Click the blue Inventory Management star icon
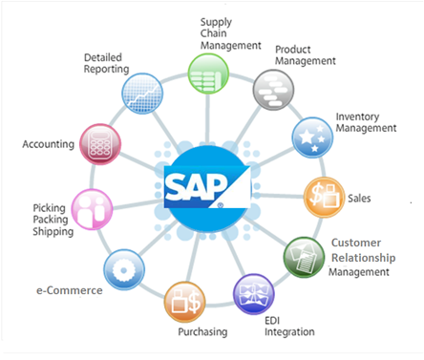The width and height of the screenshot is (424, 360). point(311,137)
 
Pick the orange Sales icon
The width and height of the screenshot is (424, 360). point(325,197)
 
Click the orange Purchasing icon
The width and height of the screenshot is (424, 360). point(185,302)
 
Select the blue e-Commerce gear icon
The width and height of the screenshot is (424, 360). point(124,267)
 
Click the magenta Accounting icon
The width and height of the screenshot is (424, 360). point(99,144)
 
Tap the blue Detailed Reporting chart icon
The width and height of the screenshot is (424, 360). point(142,93)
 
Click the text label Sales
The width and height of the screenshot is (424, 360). point(360,200)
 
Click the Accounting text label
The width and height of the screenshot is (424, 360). point(47,145)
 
